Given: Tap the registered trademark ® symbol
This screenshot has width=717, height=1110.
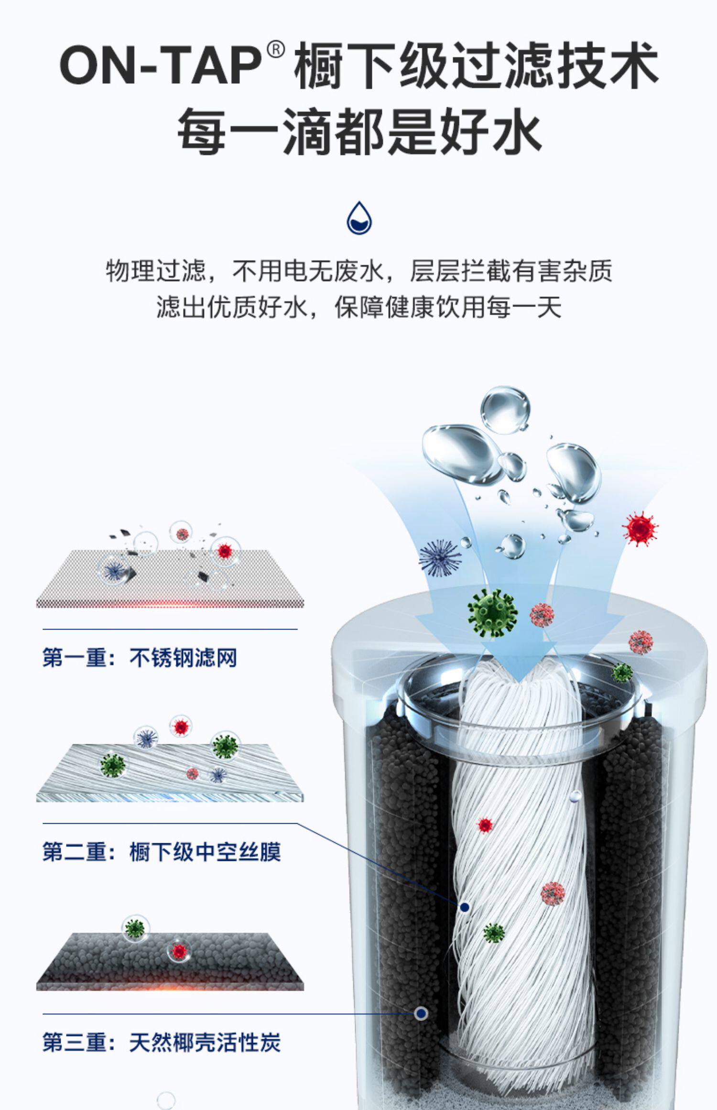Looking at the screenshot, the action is pos(276,50).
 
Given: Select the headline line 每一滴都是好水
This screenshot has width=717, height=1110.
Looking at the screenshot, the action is pos(359,130).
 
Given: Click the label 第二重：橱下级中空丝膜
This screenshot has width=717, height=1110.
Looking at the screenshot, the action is pos(162,852).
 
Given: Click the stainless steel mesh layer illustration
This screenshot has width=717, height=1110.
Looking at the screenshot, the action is pos(170,578).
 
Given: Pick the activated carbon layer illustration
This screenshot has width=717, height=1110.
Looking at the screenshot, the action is pos(170,961).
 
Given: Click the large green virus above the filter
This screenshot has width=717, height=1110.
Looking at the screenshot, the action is pos(492,613).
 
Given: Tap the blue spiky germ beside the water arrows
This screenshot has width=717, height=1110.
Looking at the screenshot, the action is pos(440,558).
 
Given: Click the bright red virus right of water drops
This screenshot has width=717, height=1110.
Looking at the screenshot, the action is pos(640,528).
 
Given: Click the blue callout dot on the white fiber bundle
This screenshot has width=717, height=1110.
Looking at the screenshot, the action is pos(464,907).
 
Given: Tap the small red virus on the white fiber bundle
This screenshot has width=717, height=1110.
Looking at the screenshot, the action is pos(485,825).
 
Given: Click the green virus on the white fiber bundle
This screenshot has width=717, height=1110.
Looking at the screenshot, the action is pos(494,932).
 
